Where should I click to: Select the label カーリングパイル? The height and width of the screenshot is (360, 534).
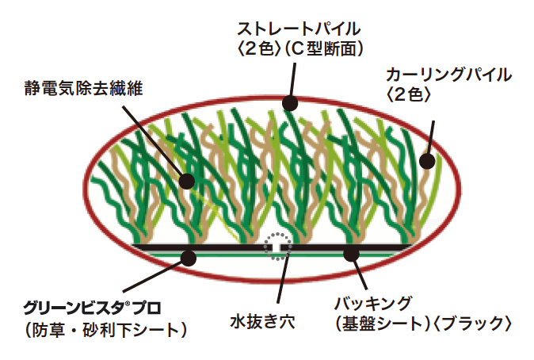click(x=448, y=75)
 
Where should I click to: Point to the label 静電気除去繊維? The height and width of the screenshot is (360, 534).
click(x=82, y=88)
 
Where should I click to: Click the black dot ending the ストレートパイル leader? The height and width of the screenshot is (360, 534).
click(x=290, y=102)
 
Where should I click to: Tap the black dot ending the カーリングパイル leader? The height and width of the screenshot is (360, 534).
click(x=427, y=161)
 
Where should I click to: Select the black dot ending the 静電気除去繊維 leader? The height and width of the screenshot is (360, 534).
click(x=187, y=181)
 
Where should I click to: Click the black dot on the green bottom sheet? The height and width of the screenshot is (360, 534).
click(x=189, y=256)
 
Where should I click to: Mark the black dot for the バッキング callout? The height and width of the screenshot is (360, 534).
click(x=351, y=254)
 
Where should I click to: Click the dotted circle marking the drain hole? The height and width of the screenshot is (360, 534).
click(x=277, y=247)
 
